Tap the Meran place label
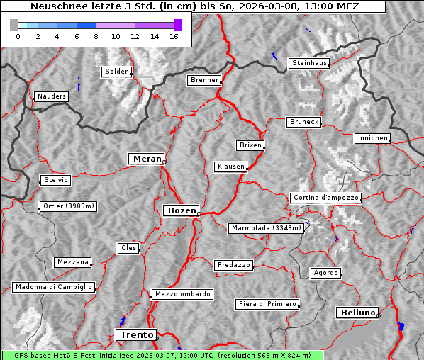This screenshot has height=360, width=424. (x=145, y=159)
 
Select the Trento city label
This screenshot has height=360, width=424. (x=135, y=334)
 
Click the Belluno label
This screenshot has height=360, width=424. (x=357, y=312)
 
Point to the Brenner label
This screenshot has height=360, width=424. (x=204, y=80)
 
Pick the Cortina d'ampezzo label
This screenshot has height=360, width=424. (x=325, y=198)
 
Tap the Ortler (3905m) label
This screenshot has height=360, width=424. (x=67, y=207)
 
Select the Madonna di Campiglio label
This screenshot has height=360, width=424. (x=53, y=287)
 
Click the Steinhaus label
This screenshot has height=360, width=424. (x=309, y=63)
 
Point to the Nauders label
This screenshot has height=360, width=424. (x=51, y=96)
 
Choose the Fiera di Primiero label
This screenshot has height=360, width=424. (x=267, y=304)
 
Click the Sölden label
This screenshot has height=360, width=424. (x=117, y=72)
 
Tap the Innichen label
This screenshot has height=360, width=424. (x=372, y=138)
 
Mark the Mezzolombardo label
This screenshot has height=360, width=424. (x=182, y=293)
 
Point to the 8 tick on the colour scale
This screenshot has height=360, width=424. (x=96, y=36)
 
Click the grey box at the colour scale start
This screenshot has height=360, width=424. (x=14, y=25)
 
